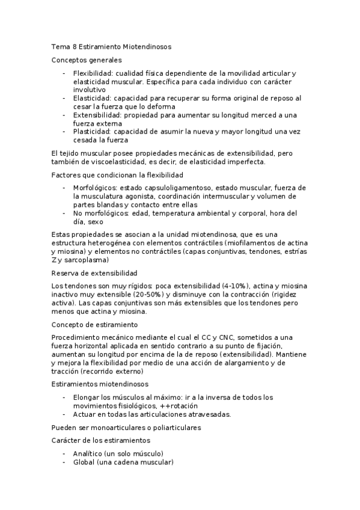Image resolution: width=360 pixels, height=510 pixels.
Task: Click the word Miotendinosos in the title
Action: tap(148, 46)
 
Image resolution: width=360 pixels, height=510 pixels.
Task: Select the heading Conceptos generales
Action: tap(87, 60)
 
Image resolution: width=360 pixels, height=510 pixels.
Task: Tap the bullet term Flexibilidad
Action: tap(93, 73)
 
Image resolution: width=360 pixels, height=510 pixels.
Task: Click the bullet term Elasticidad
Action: tap(92, 97)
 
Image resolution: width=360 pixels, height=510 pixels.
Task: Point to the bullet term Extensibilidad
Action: tap(97, 114)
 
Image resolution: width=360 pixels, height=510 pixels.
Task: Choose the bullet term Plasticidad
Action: tap(92, 131)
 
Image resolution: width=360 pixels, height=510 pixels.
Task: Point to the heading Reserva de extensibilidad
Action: tap(94, 272)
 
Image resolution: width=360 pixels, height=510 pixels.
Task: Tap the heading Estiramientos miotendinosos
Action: tap(101, 384)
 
